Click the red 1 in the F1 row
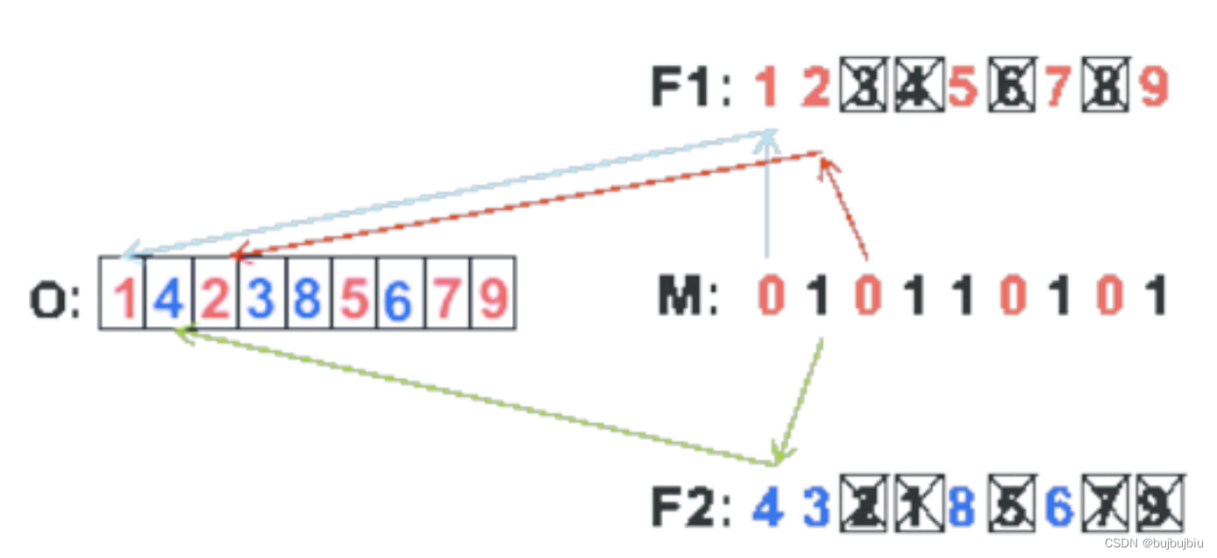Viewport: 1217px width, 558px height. click(x=767, y=88)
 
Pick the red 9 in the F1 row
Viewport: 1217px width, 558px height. click(x=1154, y=88)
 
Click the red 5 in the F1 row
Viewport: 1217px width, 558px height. click(x=963, y=88)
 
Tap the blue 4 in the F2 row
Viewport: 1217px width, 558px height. click(x=767, y=506)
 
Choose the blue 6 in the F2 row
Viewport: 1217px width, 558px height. click(x=1059, y=506)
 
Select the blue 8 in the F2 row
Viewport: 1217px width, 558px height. click(x=963, y=506)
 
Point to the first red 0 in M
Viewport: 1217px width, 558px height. click(x=771, y=297)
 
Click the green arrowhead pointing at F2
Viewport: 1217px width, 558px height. click(x=777, y=456)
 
